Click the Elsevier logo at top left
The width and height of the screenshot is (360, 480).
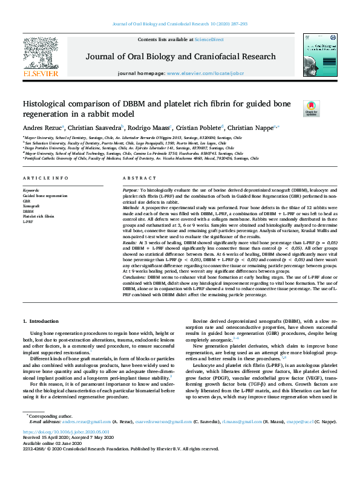[41, 57]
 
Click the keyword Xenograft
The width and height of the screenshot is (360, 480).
[32, 207]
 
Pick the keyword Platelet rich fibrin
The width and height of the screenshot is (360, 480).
[39, 216]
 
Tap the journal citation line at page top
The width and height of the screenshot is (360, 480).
[180, 24]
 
